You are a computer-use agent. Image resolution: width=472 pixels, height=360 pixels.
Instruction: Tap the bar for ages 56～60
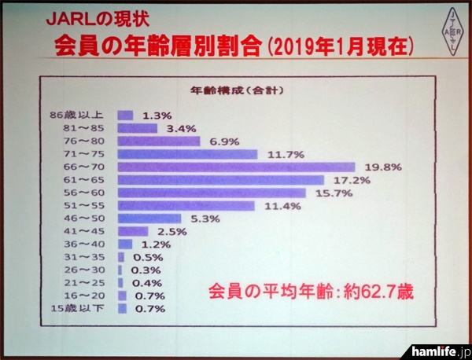pos(212,193)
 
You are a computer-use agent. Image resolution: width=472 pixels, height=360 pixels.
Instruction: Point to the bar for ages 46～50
pos(149,218)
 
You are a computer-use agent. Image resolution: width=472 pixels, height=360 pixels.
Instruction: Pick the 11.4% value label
pos(278,205)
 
